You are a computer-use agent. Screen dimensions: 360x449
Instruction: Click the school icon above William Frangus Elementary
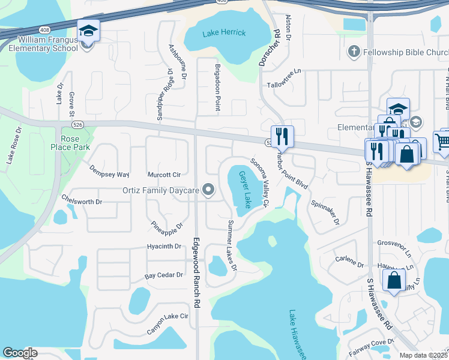[x=88, y=31]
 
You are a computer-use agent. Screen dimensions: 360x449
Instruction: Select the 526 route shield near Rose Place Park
[x=87, y=124]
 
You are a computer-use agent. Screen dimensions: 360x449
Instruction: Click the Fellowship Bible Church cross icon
[x=354, y=52]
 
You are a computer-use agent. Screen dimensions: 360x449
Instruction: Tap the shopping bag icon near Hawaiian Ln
[x=394, y=280]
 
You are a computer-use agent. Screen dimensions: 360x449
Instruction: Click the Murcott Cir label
[x=164, y=175]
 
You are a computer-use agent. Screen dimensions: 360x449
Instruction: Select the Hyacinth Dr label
[x=164, y=247]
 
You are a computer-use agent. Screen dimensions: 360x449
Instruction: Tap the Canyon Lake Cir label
[x=168, y=324]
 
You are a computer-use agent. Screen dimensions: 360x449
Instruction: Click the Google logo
[x=20, y=353]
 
